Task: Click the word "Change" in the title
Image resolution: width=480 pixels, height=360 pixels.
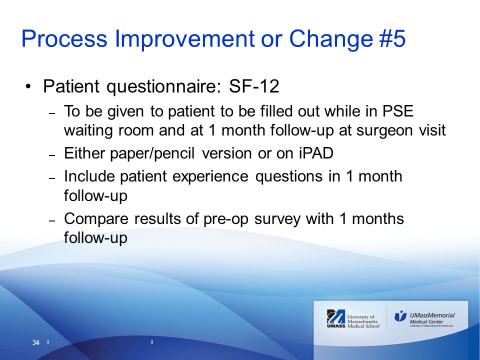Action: click(331, 39)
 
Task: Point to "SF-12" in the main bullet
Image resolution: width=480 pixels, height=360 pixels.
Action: click(254, 86)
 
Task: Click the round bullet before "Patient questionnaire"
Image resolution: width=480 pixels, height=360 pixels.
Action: click(28, 86)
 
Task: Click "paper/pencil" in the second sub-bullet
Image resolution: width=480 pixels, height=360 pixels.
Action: click(152, 153)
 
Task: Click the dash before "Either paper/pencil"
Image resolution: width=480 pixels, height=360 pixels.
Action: click(52, 155)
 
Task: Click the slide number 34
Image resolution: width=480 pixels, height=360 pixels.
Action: click(36, 342)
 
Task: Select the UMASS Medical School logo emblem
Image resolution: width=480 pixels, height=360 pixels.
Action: click(336, 318)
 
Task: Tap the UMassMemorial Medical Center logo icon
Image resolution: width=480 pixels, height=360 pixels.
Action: click(400, 315)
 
